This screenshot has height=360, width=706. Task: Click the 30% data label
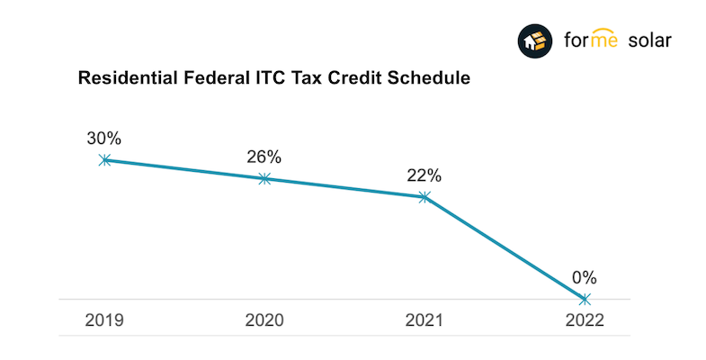point(104,139)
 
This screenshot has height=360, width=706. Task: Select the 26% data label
point(264,157)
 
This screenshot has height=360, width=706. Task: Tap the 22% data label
point(424,175)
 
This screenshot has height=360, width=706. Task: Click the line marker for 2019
point(105,159)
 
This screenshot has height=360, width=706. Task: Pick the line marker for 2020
point(264,178)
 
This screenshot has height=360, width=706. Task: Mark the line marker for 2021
point(424,196)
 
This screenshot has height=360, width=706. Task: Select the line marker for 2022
point(585,299)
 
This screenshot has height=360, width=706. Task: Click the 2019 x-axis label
point(104,320)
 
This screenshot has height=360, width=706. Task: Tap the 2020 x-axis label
point(264,320)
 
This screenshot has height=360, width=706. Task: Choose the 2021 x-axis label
point(424,320)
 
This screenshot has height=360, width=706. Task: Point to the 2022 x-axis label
point(585,320)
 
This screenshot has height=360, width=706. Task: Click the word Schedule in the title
point(430,79)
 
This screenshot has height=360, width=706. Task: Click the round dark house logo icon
point(536,40)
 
